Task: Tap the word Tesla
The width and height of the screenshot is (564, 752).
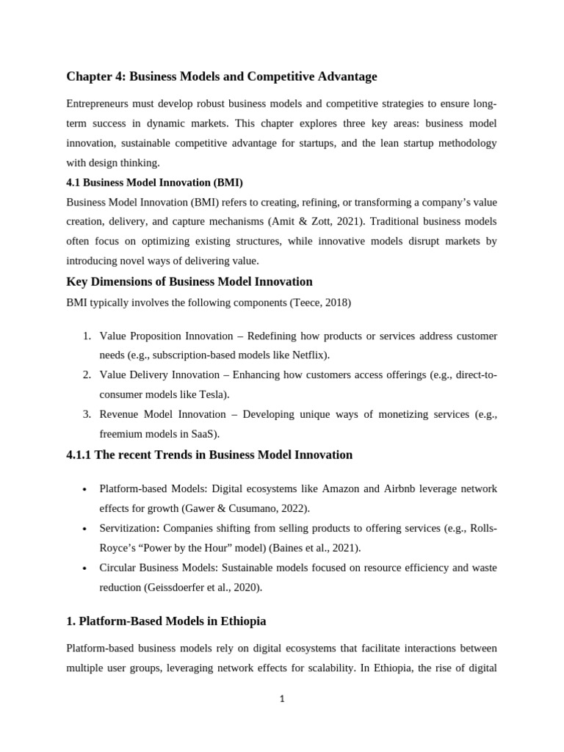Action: pos(211,394)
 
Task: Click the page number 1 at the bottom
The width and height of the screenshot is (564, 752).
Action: pos(282,699)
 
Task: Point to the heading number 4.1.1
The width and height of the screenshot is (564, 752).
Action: pos(79,455)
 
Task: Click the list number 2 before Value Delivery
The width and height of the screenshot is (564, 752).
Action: pos(86,375)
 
